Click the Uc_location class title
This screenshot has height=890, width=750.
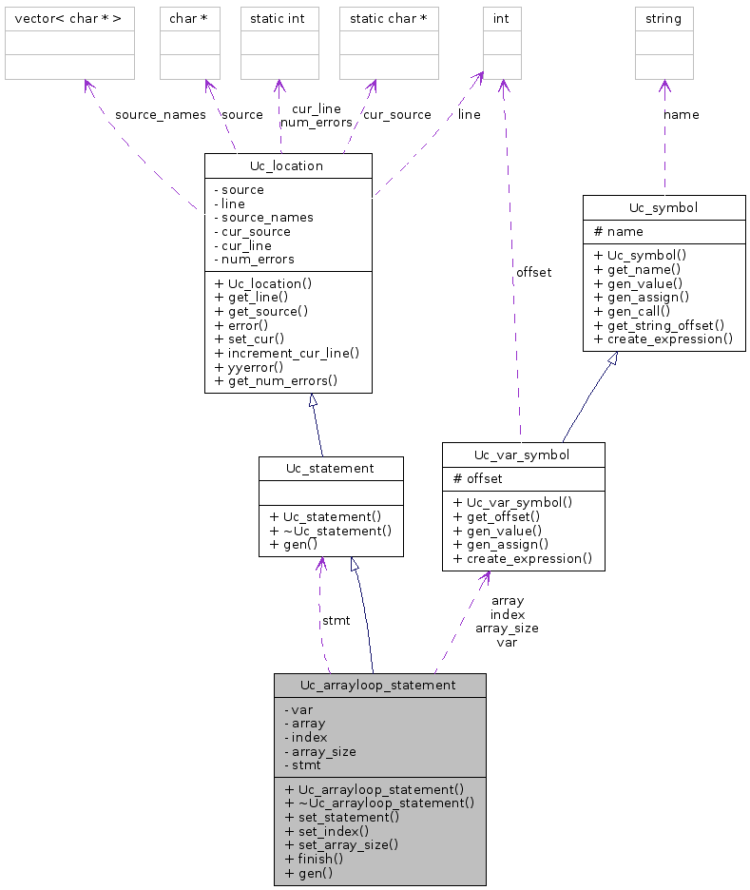click(x=287, y=165)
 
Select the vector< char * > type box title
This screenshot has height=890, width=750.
click(x=69, y=18)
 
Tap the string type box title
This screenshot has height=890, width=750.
click(x=663, y=18)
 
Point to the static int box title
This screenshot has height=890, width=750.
click(x=278, y=18)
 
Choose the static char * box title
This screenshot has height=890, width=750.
click(x=388, y=18)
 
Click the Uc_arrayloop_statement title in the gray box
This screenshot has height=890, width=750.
click(x=378, y=685)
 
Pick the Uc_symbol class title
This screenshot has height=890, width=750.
click(x=663, y=207)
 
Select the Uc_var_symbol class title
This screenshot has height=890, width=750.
click(x=523, y=455)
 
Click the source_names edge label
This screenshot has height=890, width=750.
click(x=160, y=115)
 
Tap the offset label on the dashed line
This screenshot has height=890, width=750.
click(x=533, y=272)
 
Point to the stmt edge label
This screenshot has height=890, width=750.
click(x=336, y=620)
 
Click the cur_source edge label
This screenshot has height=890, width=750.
click(x=396, y=115)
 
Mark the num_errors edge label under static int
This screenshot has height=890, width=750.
click(x=317, y=122)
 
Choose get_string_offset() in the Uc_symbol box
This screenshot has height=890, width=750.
click(x=659, y=324)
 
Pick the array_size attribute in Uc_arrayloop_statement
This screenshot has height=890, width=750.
click(x=320, y=750)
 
